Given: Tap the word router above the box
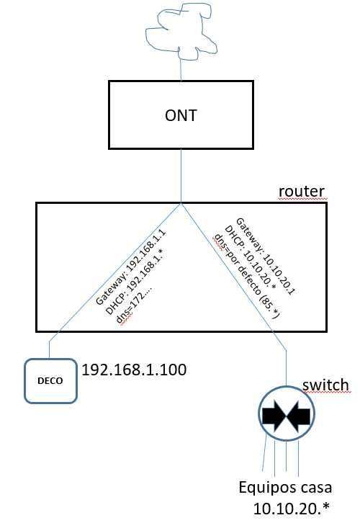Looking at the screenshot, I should point(302,192).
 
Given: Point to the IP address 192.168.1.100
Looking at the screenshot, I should point(135,370).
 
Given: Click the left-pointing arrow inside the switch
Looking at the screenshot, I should point(297,416).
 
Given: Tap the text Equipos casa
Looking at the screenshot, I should point(286,488).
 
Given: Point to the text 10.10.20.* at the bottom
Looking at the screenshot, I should point(292,508).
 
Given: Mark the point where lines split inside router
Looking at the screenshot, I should point(181,204).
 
